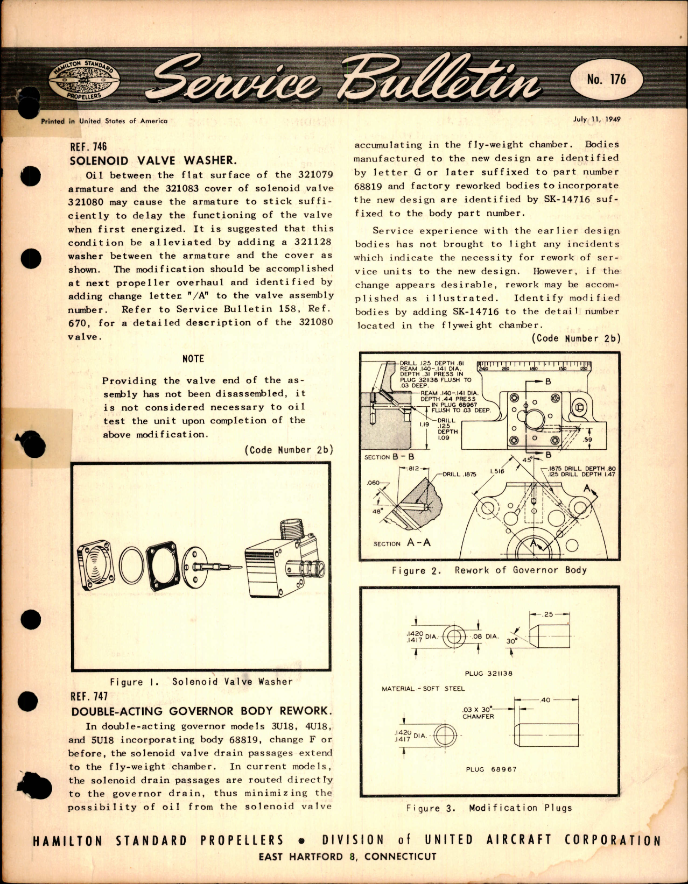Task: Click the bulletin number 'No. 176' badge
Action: [606, 80]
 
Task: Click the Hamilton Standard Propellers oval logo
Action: [84, 80]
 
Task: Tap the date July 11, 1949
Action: [596, 119]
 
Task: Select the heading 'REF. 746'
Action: [88, 146]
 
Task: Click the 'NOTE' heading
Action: [193, 359]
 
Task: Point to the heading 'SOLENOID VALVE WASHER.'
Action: [153, 160]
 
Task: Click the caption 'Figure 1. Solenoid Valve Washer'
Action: [201, 682]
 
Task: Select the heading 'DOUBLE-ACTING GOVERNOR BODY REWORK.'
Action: [200, 711]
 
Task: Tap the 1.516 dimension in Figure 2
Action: [497, 471]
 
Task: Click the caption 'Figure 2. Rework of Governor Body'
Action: [489, 570]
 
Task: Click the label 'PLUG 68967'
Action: [490, 769]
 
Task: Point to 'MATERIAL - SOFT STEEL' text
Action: [423, 688]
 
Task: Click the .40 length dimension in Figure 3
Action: [545, 700]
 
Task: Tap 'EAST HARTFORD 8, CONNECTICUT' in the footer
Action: [347, 857]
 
